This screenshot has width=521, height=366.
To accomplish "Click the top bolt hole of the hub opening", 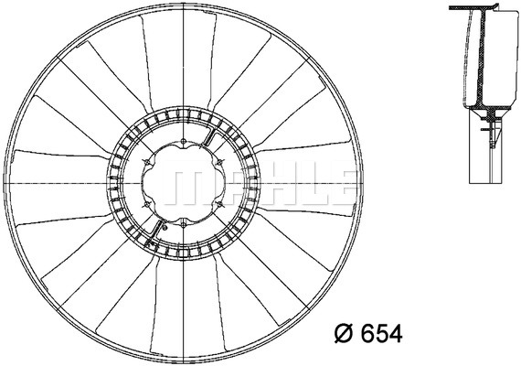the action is pyautogui.click(x=183, y=142).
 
